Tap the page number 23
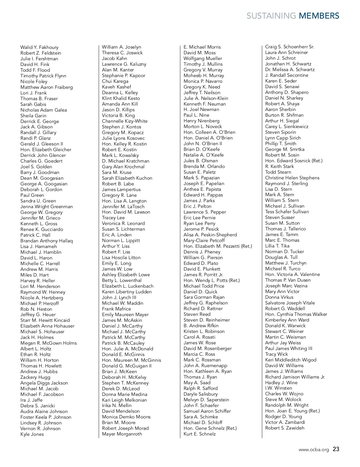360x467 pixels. point(336,449)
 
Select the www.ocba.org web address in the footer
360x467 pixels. point(313,450)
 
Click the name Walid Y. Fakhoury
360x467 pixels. point(39,47)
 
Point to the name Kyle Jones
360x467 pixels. point(32,434)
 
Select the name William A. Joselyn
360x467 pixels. point(121,47)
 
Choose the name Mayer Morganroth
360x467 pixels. point(122,434)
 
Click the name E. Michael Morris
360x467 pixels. point(202,47)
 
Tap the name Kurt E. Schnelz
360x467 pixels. point(199,434)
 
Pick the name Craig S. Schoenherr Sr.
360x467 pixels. point(289,47)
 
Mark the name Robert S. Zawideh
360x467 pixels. point(285,428)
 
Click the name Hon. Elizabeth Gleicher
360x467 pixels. point(46,150)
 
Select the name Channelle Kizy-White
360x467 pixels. point(125,121)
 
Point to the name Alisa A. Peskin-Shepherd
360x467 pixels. point(210,235)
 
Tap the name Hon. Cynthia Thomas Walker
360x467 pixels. point(296,314)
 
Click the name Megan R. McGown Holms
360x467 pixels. point(49,343)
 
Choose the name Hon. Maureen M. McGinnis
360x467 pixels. point(131,360)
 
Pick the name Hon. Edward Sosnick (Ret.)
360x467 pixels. point(294,161)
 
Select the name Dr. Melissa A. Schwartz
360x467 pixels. point(290,70)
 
